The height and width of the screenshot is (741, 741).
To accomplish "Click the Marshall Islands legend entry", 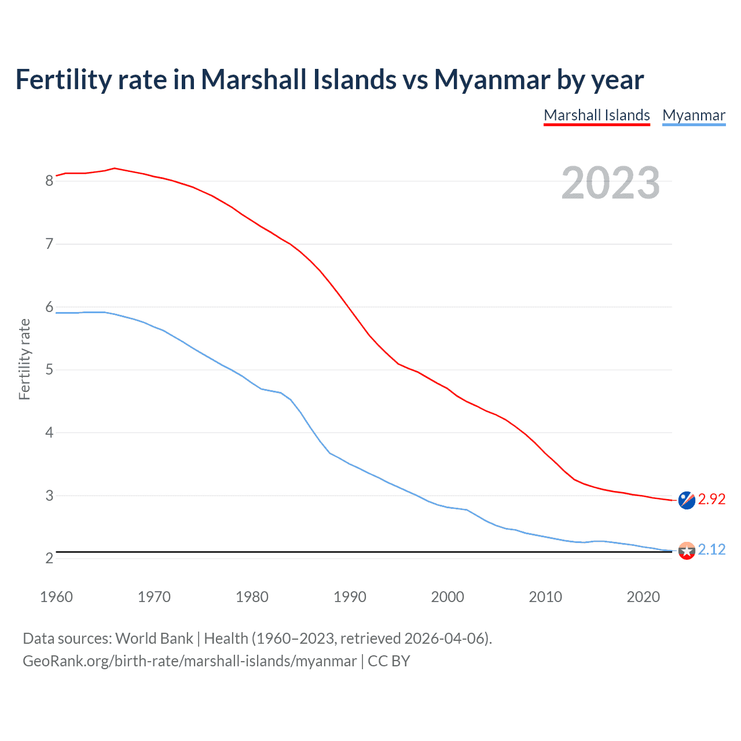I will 597,115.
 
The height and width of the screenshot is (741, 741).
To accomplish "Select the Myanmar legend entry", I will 694,115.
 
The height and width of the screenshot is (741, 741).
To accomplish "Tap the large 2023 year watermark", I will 611,183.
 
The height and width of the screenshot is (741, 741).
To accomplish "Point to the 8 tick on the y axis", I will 49,181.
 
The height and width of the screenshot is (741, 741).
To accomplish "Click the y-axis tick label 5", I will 49,369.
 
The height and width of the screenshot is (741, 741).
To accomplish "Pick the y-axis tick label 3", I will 49,496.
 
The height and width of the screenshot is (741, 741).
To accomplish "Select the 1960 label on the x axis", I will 56,597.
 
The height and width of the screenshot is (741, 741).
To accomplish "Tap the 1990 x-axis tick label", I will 350,597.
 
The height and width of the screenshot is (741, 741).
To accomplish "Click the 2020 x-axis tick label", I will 643,597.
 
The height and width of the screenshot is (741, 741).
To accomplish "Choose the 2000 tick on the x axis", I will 447,597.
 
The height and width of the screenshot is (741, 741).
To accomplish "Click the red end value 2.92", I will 711,499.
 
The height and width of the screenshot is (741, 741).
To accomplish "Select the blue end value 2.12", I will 711,549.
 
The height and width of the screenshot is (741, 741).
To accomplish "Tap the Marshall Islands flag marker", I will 687,500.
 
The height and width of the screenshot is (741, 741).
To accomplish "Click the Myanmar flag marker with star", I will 687,551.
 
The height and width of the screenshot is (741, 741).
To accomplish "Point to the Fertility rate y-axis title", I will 24,359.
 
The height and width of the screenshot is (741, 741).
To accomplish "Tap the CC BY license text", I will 389,661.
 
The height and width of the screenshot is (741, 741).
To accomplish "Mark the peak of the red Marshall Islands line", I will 115,168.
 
